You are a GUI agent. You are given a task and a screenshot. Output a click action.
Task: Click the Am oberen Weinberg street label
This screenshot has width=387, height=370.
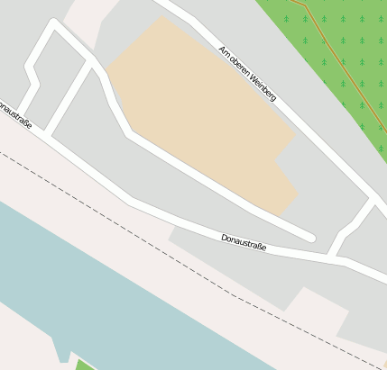[246, 74]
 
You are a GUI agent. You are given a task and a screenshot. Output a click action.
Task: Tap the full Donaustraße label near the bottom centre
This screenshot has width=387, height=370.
[244, 242]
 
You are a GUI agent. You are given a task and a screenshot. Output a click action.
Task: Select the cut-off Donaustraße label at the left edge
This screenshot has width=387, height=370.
[15, 114]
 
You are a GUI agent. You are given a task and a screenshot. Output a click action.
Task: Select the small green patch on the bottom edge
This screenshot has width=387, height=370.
[83, 365]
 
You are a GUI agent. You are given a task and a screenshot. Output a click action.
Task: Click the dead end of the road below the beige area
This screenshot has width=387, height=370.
[311, 238]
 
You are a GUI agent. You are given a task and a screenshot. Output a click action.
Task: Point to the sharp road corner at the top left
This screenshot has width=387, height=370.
[55, 24]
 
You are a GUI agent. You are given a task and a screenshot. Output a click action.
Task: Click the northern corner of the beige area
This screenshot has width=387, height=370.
[162, 17]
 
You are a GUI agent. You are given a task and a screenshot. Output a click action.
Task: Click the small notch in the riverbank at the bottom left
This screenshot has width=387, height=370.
[63, 354]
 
